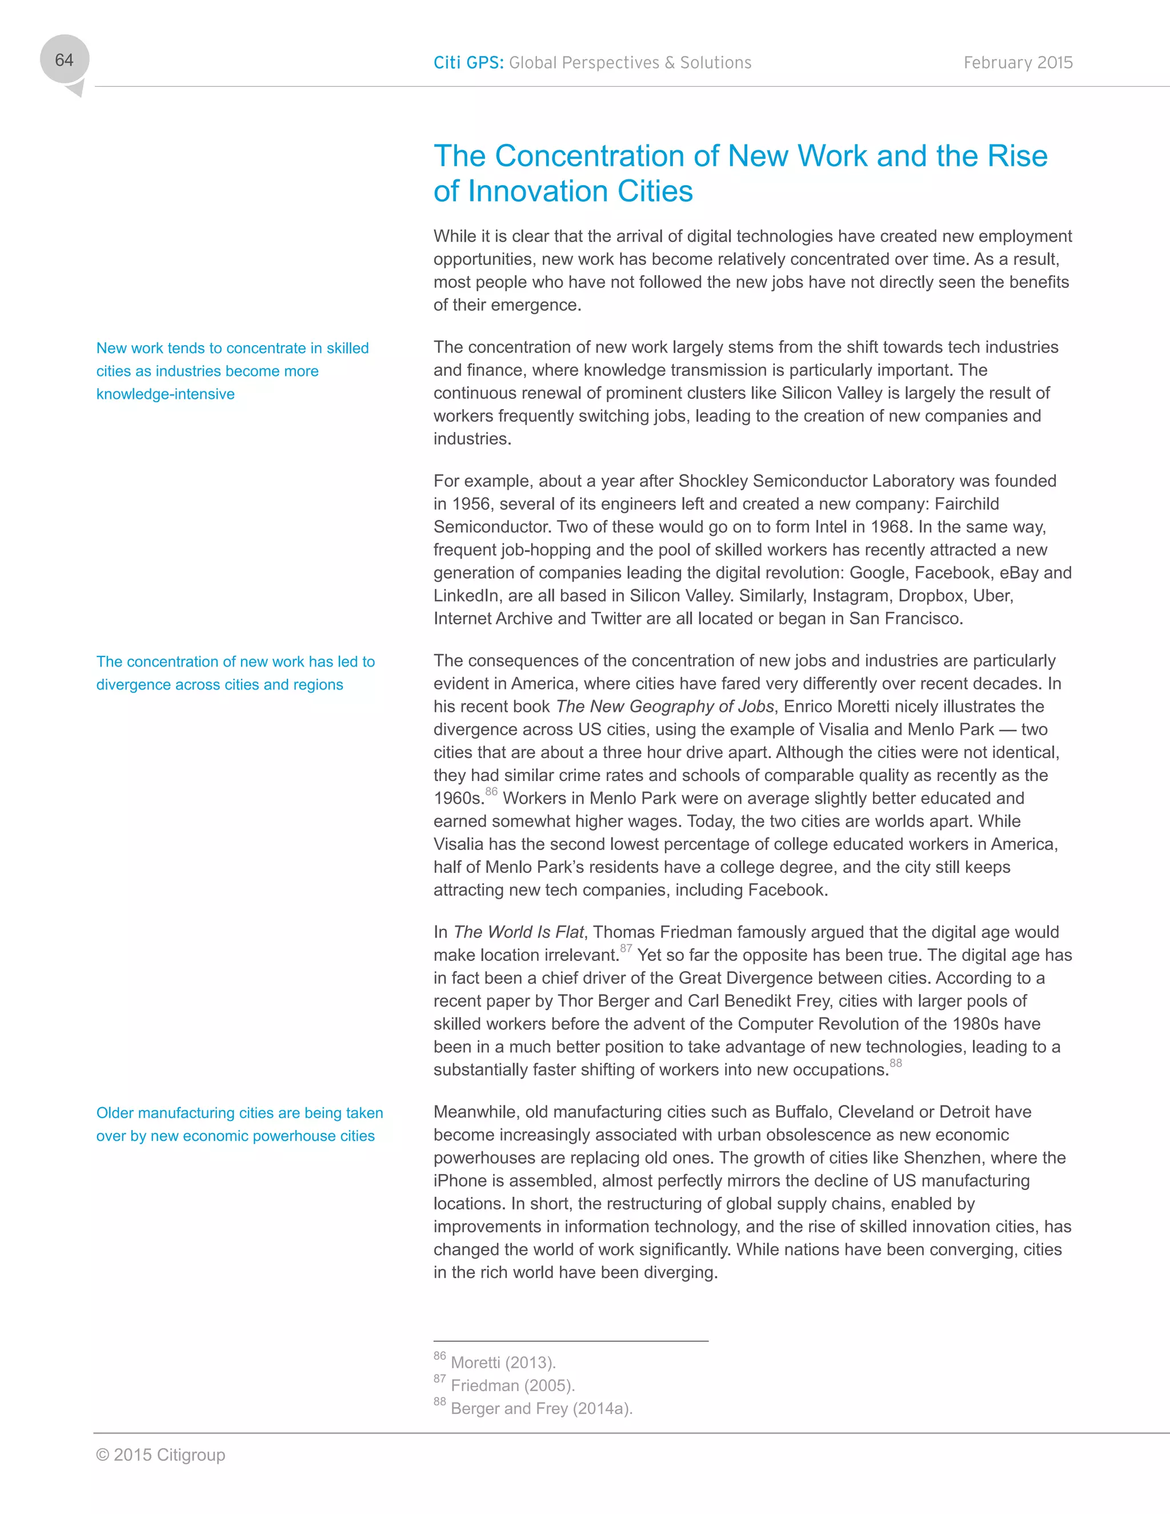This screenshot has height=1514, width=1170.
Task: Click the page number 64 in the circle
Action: pos(64,61)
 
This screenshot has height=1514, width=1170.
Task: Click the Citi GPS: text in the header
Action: pos(468,62)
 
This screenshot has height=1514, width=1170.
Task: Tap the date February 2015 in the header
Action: pos(1017,62)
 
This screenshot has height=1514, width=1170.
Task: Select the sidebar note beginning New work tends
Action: pos(232,371)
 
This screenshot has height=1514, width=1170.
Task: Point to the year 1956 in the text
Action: pos(471,504)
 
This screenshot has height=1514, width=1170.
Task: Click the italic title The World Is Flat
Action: pos(519,932)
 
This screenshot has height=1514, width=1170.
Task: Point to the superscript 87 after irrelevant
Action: pos(626,948)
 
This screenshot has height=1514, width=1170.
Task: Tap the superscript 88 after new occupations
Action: pos(896,1063)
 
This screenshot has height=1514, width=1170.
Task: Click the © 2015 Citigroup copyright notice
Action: pos(161,1455)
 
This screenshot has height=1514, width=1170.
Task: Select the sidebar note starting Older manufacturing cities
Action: pos(239,1124)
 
